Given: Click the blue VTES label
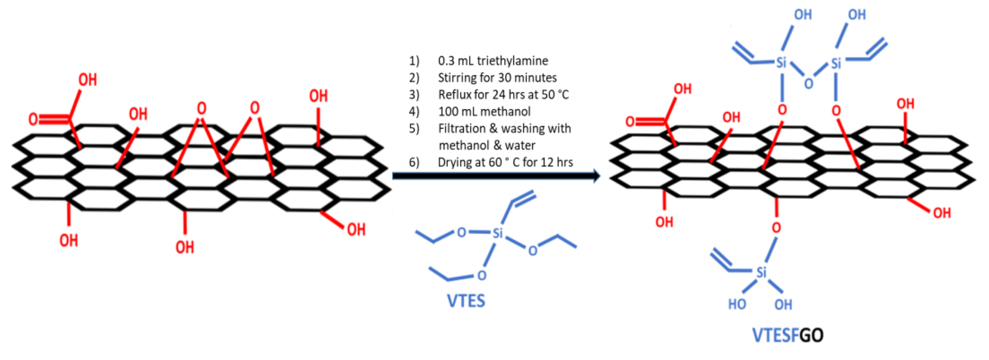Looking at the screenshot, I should pyautogui.click(x=466, y=301).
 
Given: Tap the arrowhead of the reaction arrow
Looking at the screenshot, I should pyautogui.click(x=596, y=176).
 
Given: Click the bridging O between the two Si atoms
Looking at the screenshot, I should pyautogui.click(x=809, y=83).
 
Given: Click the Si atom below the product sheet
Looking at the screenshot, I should pyautogui.click(x=761, y=273).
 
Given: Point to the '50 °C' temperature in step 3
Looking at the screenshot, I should pyautogui.click(x=555, y=94).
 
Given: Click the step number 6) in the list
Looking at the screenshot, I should pyautogui.click(x=414, y=162).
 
